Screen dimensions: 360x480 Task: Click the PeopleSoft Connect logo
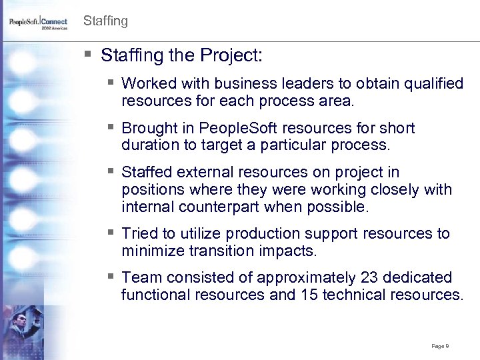(38, 22)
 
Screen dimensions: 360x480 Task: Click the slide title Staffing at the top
(105, 21)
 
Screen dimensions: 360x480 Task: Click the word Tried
(139, 233)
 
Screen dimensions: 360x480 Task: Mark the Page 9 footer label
(439, 346)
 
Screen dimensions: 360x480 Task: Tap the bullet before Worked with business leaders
(111, 84)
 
